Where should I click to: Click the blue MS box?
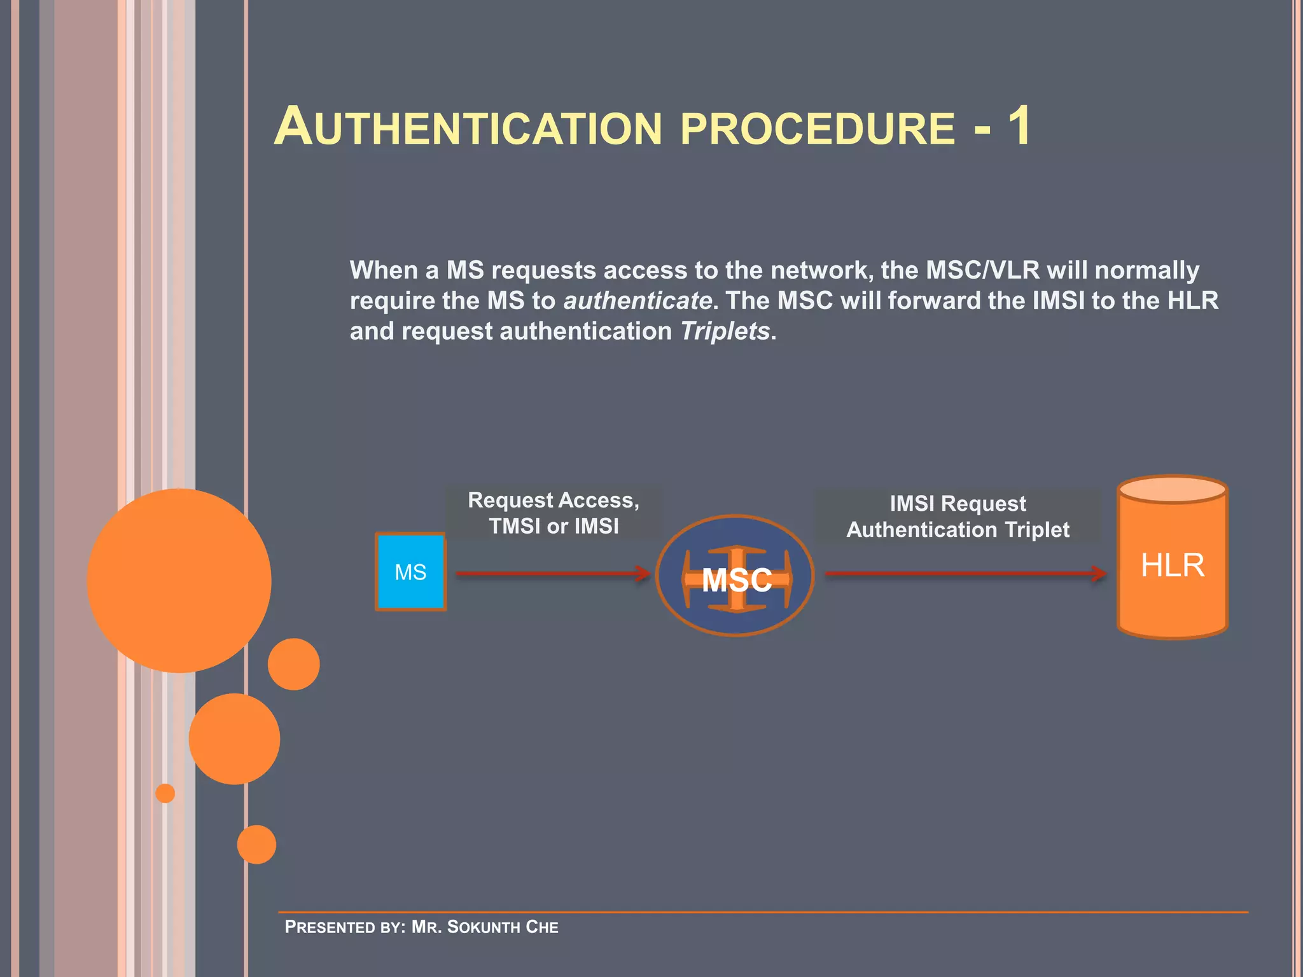(410, 572)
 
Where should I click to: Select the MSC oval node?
(735, 576)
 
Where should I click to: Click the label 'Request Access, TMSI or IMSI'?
(554, 513)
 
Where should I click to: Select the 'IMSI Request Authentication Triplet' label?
(958, 516)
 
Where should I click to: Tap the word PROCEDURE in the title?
(818, 128)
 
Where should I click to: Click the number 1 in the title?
(1019, 126)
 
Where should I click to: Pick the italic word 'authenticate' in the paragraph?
(638, 300)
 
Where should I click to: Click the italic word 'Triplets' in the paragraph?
(725, 331)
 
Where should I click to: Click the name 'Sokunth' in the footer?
(483, 927)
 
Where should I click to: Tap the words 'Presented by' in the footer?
(344, 927)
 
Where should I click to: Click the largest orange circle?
(179, 580)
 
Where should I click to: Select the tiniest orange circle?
(165, 793)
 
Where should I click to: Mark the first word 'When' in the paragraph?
(384, 270)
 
